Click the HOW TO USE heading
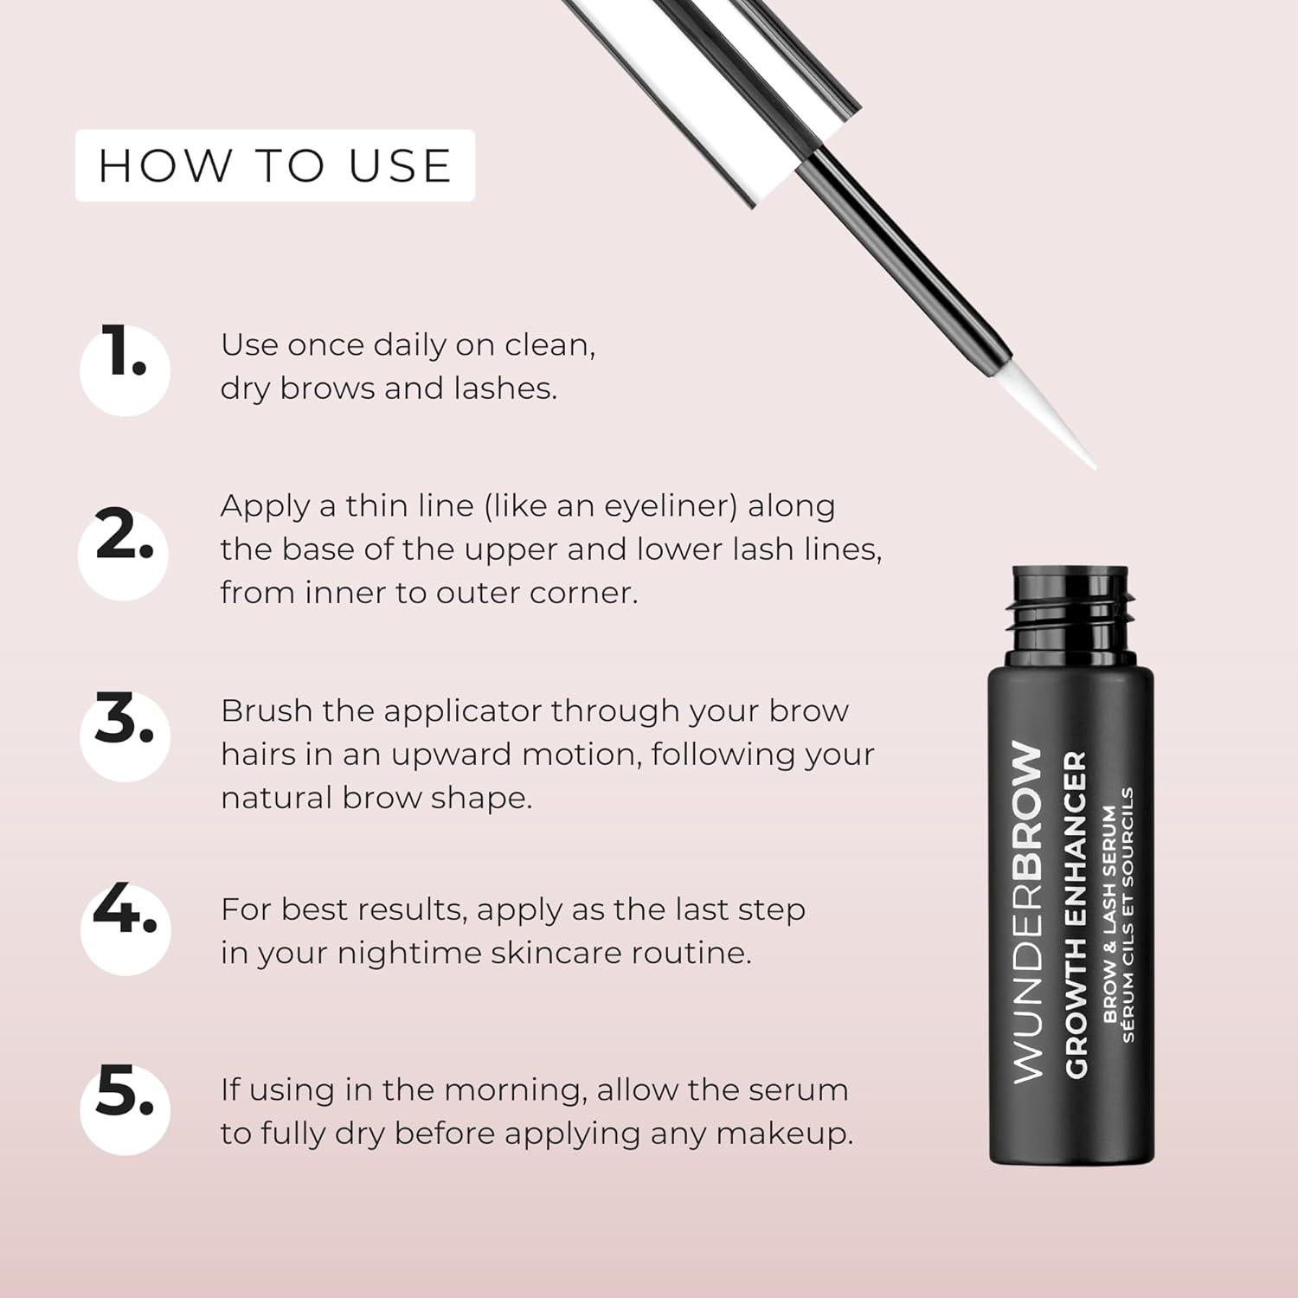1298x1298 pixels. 275,165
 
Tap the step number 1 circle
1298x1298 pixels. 125,369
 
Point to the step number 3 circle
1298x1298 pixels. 123,736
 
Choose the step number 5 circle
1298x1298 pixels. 125,1109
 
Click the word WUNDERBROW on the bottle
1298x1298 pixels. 1027,912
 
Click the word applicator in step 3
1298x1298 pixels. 462,711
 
